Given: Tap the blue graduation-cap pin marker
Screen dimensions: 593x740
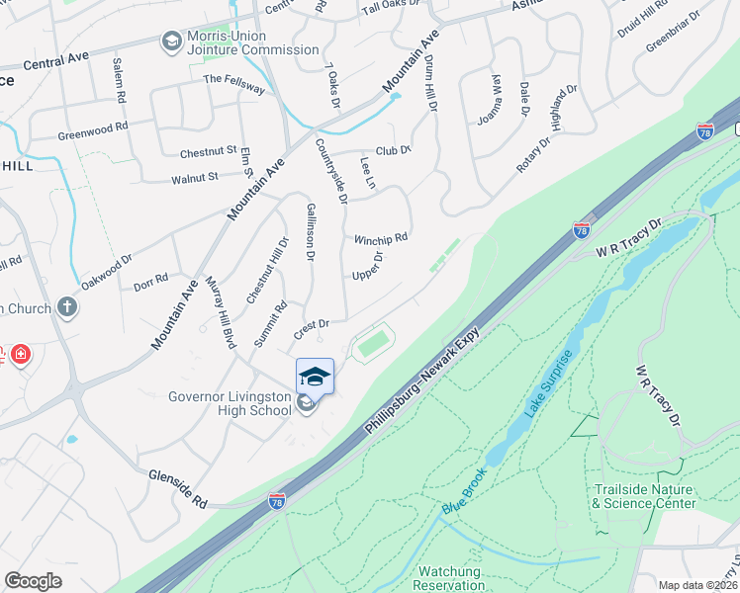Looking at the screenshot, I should [x=315, y=377].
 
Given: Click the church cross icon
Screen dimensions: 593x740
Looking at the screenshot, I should [x=67, y=308].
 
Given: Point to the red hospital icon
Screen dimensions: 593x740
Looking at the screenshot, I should [x=21, y=354].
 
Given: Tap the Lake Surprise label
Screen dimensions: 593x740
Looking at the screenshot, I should [x=549, y=382].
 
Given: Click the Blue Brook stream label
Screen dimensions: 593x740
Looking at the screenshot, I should [x=465, y=490].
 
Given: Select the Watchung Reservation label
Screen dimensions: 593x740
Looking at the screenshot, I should [x=449, y=578].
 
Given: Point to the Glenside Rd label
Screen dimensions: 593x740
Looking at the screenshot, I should [x=177, y=489].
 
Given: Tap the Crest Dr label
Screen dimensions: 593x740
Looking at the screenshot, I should [x=310, y=323].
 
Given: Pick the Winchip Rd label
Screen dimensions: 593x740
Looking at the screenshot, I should [x=381, y=239].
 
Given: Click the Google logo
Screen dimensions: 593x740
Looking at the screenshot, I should [x=33, y=581].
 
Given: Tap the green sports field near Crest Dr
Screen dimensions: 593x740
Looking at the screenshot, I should [x=371, y=344].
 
